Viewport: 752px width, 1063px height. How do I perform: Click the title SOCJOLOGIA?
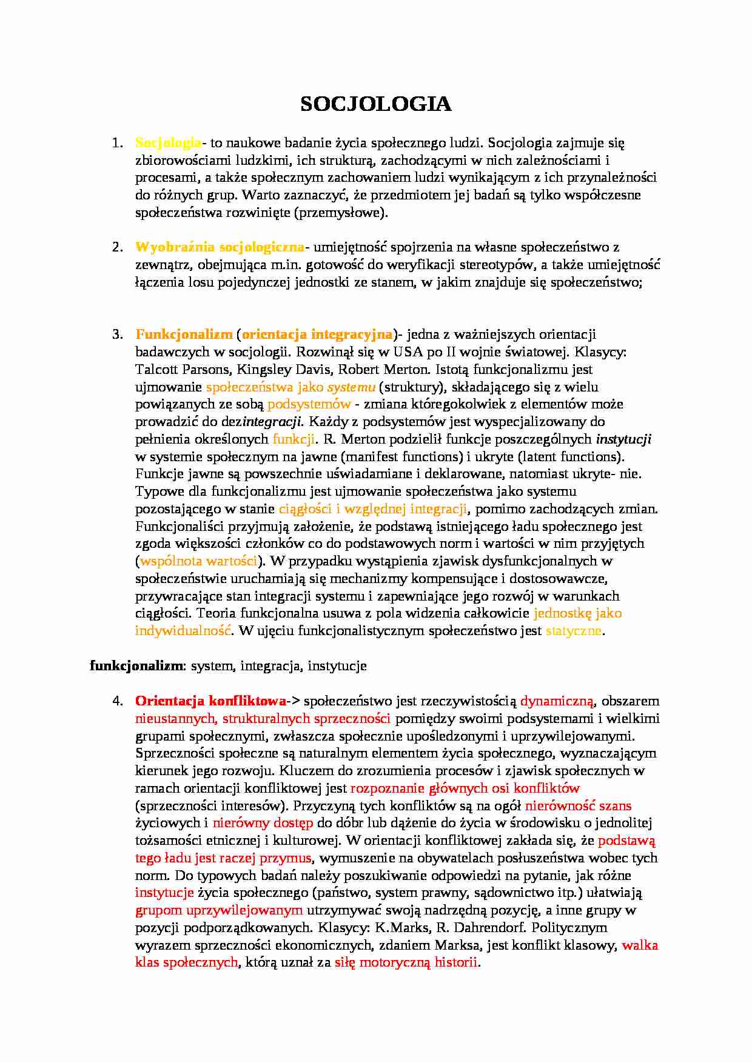[x=376, y=104]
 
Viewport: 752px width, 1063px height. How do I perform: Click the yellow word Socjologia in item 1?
[x=168, y=143]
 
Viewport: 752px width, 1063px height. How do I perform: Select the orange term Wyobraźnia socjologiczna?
[x=220, y=247]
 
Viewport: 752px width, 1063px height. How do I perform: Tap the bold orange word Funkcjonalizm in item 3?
[x=184, y=335]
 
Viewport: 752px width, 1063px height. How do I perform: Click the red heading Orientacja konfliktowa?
[x=210, y=701]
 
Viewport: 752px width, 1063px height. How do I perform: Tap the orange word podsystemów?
[x=309, y=404]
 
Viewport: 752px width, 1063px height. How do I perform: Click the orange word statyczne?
[x=573, y=631]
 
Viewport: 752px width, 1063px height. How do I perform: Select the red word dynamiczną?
[x=557, y=701]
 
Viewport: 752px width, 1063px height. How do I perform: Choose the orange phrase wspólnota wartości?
[x=198, y=561]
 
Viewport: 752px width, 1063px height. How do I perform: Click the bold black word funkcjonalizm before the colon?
[x=136, y=666]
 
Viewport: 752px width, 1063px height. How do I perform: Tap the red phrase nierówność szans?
[x=578, y=806]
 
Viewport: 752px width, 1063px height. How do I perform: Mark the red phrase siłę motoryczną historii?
[x=406, y=962]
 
